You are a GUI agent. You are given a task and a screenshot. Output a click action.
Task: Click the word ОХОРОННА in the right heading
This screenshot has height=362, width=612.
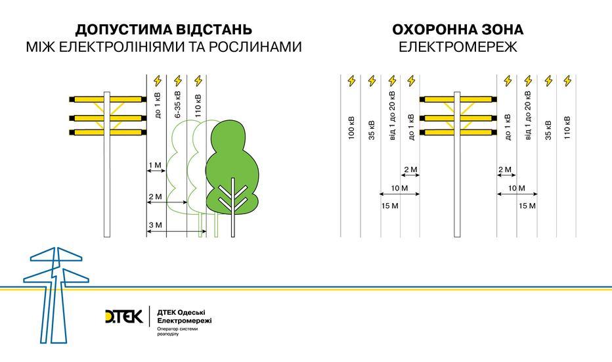[431, 30]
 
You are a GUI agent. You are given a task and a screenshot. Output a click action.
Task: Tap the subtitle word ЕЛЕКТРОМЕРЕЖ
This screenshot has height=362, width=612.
[458, 47]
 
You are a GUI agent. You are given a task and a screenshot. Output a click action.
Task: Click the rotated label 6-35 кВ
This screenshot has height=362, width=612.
[178, 105]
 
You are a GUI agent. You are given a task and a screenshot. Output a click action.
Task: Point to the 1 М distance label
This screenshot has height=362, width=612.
[155, 165]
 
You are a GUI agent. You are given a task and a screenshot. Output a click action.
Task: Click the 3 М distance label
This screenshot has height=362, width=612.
[155, 226]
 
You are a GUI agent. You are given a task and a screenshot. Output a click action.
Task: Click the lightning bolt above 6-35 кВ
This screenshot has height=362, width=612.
[177, 81]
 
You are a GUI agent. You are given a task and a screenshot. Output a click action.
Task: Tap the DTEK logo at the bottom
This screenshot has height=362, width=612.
[123, 316]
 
